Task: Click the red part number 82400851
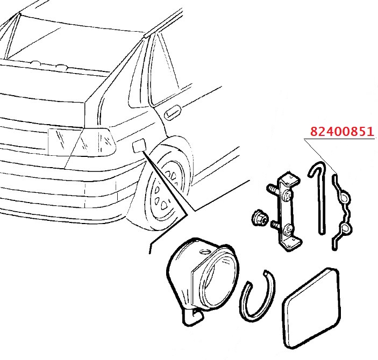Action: [341, 132]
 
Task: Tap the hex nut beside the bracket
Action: [260, 219]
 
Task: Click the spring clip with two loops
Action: [341, 212]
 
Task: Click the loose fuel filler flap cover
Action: [311, 308]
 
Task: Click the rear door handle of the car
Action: [172, 112]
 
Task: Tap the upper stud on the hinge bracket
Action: [273, 189]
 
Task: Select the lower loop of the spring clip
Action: [346, 228]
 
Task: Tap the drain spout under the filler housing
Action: [193, 317]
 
